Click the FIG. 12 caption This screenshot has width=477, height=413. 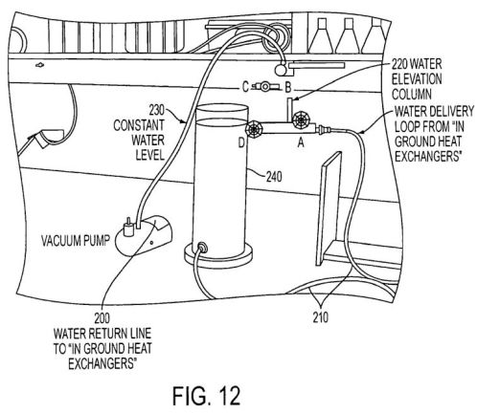coord(206,396)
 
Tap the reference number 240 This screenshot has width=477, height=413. coord(274,177)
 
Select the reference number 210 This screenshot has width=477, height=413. coord(320,317)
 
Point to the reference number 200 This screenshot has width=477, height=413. coord(102,317)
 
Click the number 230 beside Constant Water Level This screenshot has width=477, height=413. coord(157,111)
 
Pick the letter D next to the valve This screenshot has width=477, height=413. coord(241,143)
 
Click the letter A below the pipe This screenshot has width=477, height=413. coord(301,143)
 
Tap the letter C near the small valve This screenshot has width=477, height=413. coord(245,87)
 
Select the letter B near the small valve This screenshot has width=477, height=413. coord(288,87)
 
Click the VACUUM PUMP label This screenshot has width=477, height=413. coord(76,240)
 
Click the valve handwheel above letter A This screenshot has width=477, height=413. coord(301,120)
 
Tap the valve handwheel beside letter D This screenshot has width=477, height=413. coord(255,129)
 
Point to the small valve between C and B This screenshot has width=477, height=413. coord(265,86)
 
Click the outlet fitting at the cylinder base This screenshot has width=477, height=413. coord(202,247)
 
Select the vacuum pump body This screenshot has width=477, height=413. coord(143,235)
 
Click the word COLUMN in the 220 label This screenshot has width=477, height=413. coord(412,95)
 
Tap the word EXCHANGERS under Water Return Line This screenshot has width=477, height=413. coord(102,363)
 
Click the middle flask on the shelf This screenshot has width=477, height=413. coord(349,35)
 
